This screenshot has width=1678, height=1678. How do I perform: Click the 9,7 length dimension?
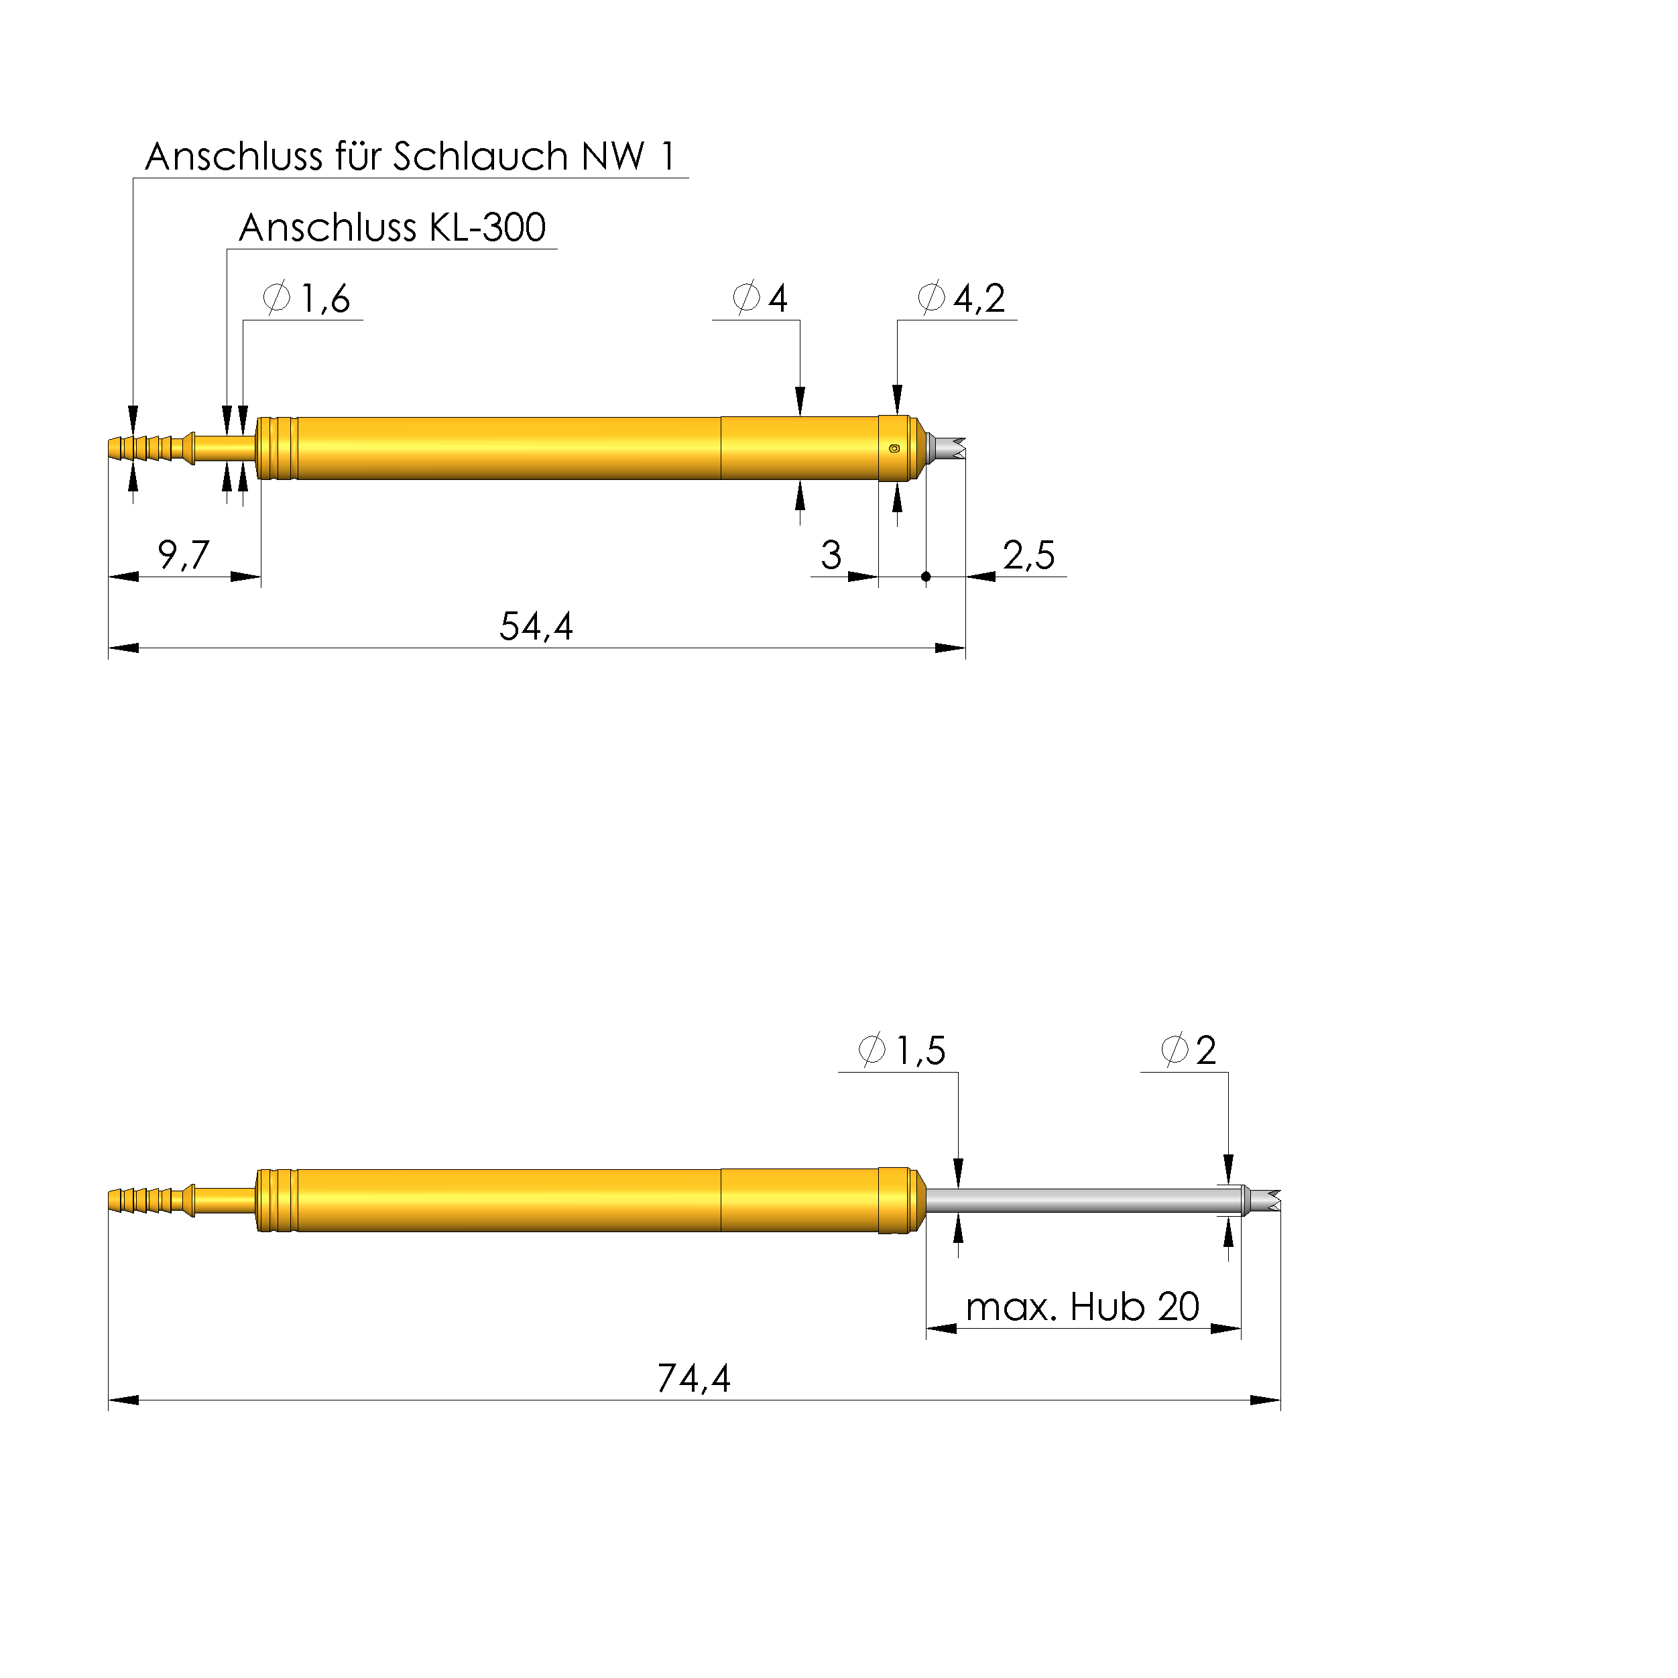coord(183,554)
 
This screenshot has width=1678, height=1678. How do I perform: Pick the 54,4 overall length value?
coord(536,626)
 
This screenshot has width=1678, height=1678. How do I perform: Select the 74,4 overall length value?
coord(694,1378)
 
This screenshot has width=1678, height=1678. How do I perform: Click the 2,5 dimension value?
coord(1029,555)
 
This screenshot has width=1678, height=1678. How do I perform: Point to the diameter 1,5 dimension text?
coord(902,1050)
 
